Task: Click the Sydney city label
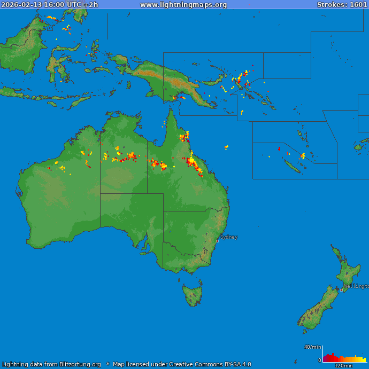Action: click(229, 237)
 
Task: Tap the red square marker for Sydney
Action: click(217, 241)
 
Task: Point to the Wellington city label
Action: click(356, 286)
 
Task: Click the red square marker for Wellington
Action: click(342, 290)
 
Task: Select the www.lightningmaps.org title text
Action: click(183, 5)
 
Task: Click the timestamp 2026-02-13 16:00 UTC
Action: click(42, 5)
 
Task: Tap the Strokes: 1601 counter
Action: click(342, 5)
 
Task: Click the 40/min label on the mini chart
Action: click(313, 347)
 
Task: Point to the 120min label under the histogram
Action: click(343, 366)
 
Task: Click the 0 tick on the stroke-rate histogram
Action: click(320, 360)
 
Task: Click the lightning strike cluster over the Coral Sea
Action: click(226, 147)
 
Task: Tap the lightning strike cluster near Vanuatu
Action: click(303, 156)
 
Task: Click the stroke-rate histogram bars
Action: click(344, 358)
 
